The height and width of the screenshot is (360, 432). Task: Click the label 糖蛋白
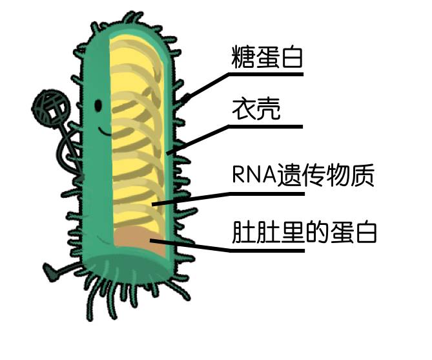pyautogui.click(x=266, y=58)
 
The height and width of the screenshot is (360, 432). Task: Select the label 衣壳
pyautogui.click(x=256, y=110)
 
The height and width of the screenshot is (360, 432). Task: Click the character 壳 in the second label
pyautogui.click(x=269, y=110)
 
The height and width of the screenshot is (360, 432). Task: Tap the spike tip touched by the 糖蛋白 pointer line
pyautogui.click(x=187, y=98)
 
